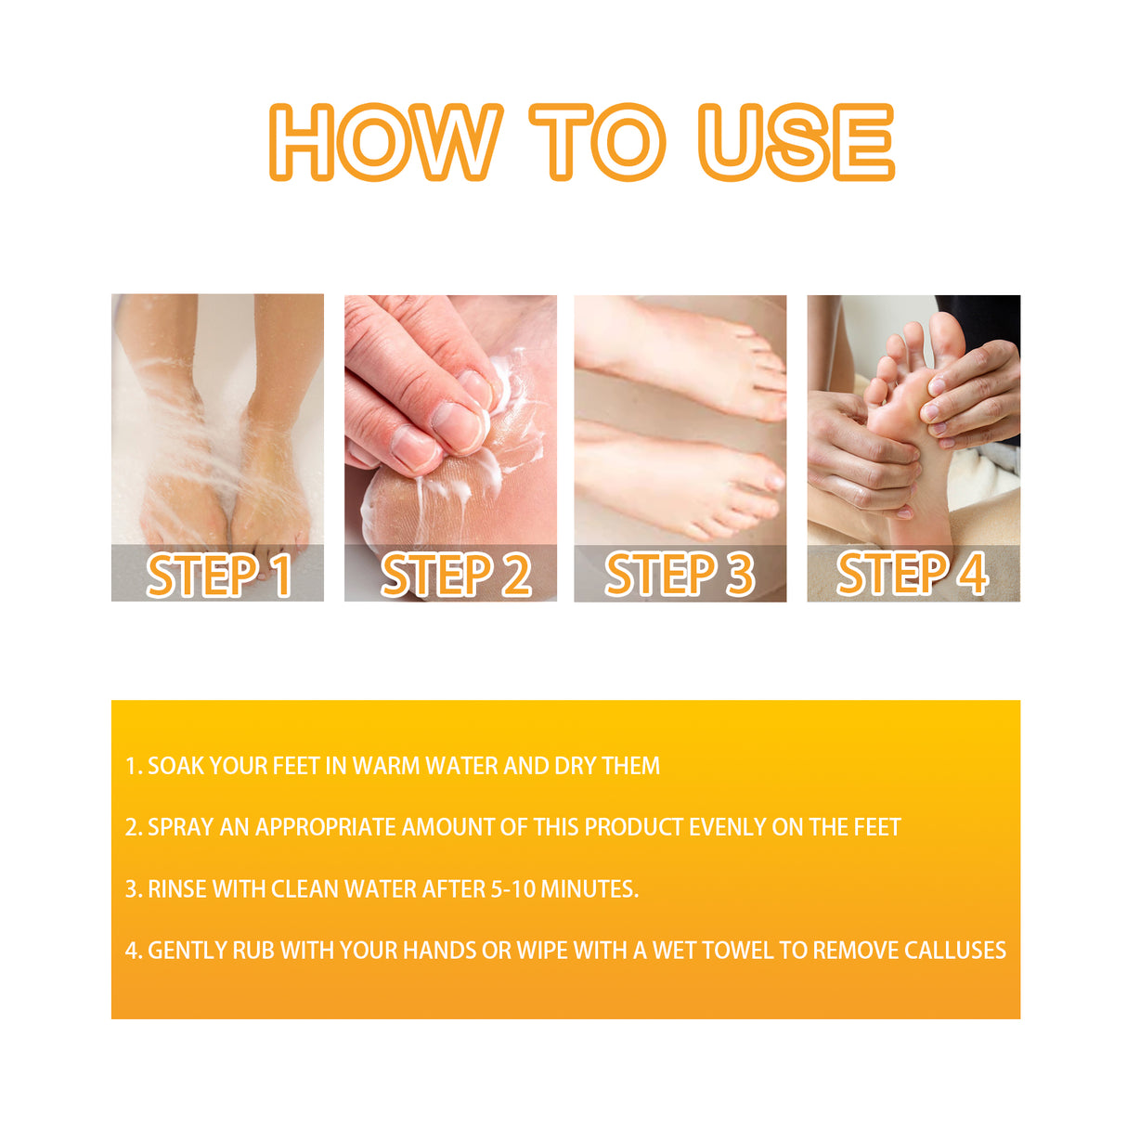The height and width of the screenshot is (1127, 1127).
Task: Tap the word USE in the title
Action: pyautogui.click(x=797, y=142)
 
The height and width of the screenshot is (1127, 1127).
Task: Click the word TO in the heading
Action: pyautogui.click(x=597, y=142)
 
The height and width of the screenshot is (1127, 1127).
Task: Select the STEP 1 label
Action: pyautogui.click(x=219, y=575)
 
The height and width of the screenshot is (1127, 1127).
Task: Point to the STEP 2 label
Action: pyautogui.click(x=455, y=575)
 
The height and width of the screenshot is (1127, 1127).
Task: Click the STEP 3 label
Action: pyautogui.click(x=680, y=575)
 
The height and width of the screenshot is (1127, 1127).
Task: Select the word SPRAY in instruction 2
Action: pyautogui.click(x=181, y=827)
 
